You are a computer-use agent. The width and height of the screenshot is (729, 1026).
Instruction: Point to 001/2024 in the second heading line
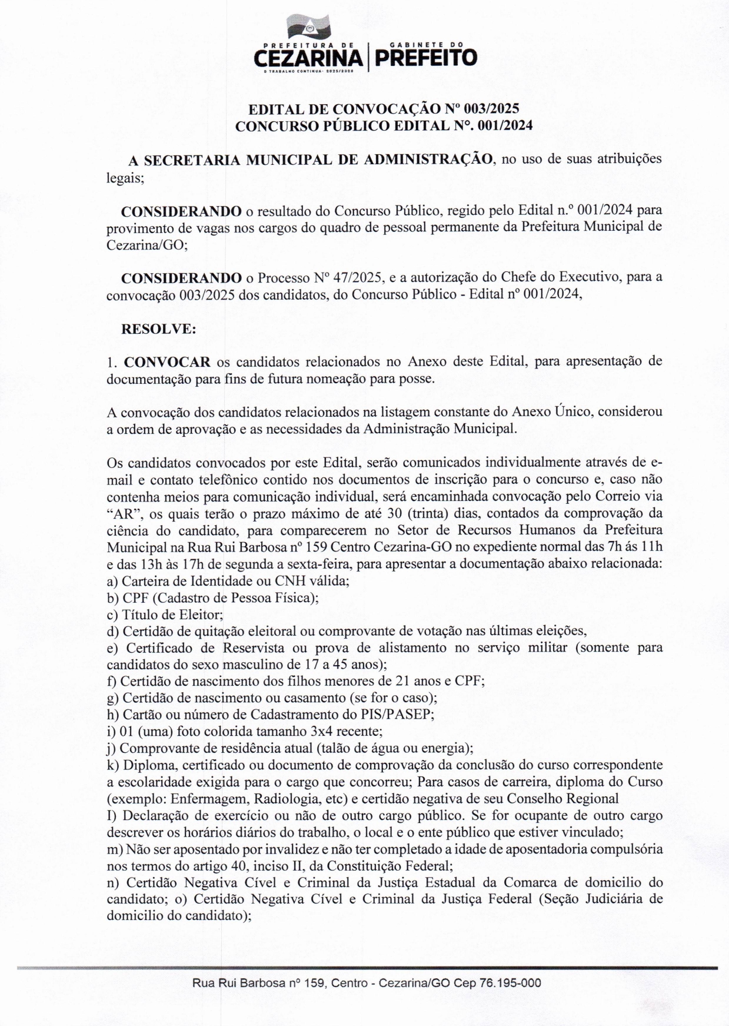504,126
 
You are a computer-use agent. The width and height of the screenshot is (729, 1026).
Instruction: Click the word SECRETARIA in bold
187,160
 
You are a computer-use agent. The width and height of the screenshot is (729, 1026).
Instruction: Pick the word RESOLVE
158,329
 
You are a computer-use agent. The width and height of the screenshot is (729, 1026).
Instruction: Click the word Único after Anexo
574,412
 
